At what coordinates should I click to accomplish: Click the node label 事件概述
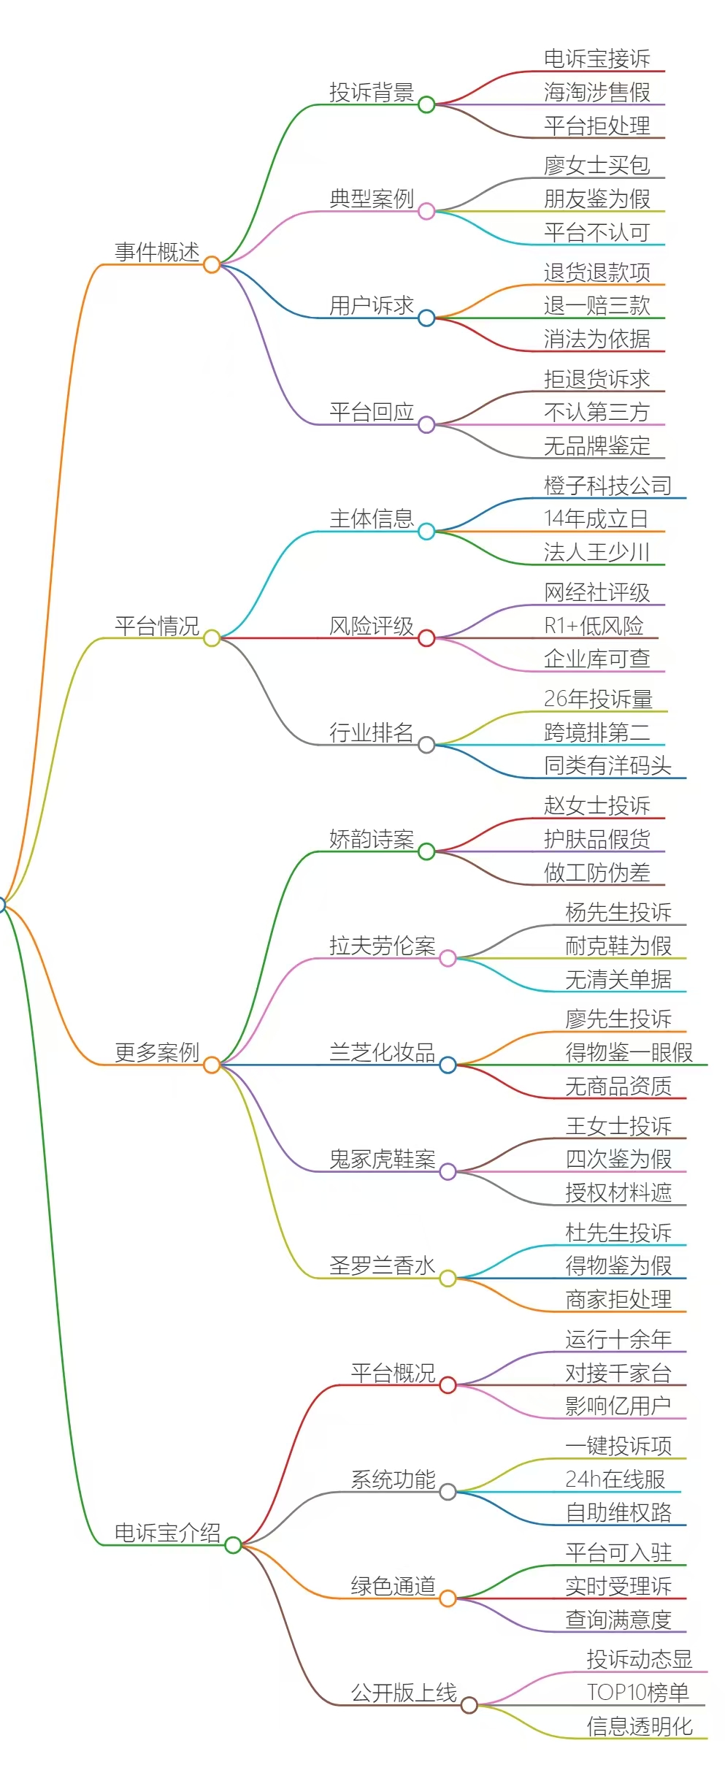[157, 252]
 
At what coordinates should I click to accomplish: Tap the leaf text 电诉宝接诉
[597, 58]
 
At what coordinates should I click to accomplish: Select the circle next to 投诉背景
[426, 104]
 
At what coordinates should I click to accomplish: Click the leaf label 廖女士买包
[597, 165]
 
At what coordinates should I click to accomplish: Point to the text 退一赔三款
[597, 305]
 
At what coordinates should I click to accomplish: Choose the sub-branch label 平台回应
[372, 412]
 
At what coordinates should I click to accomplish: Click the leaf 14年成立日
[597, 518]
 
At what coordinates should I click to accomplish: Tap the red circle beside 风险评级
[426, 638]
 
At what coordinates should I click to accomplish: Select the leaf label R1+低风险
[594, 626]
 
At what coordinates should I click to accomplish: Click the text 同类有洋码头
[607, 765]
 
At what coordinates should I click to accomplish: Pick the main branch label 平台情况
[157, 626]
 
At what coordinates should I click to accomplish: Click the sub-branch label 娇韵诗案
[372, 839]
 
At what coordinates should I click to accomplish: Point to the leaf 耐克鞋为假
[618, 946]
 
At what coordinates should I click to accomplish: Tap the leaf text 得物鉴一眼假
[629, 1052]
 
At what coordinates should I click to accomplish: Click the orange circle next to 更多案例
[212, 1065]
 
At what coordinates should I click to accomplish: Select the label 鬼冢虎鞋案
[383, 1159]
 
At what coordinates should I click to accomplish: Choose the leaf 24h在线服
[615, 1479]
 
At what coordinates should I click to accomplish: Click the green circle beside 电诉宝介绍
[233, 1545]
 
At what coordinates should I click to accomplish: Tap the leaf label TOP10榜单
[638, 1693]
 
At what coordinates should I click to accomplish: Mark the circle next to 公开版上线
[469, 1705]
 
